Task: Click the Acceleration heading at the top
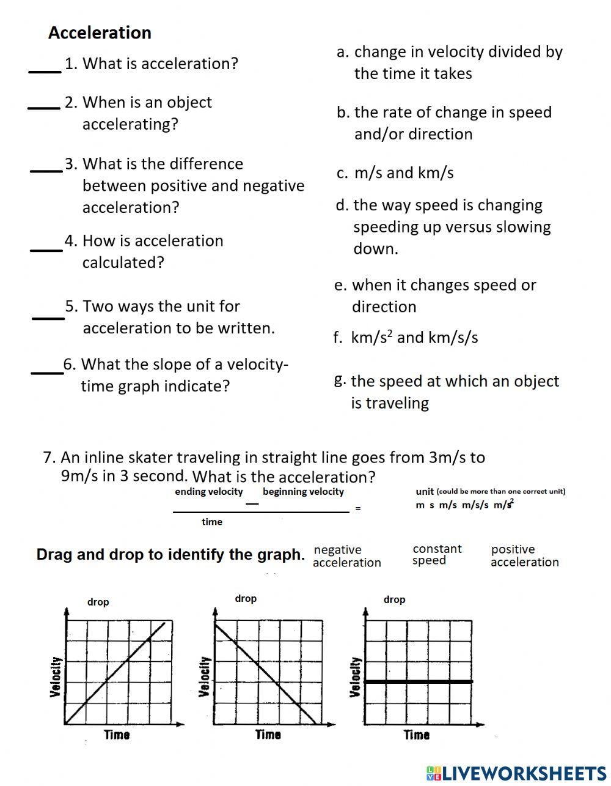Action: coord(100,32)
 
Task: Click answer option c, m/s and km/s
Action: coord(395,173)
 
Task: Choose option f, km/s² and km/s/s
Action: coord(406,337)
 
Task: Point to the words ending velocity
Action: coord(208,492)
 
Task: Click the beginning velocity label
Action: coord(303,492)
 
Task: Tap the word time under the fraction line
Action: coord(212,522)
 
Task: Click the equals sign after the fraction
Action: coord(358,508)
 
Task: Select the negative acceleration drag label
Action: coord(346,556)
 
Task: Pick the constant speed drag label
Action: coord(437,554)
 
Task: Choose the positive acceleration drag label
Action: coord(524,555)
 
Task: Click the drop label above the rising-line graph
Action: coord(98,602)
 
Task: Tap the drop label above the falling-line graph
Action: coord(246,598)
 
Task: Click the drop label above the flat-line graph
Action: coord(394,599)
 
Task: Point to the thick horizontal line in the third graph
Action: coord(419,681)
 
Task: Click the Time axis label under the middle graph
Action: coord(268,735)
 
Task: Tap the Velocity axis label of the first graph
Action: coord(56,677)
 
